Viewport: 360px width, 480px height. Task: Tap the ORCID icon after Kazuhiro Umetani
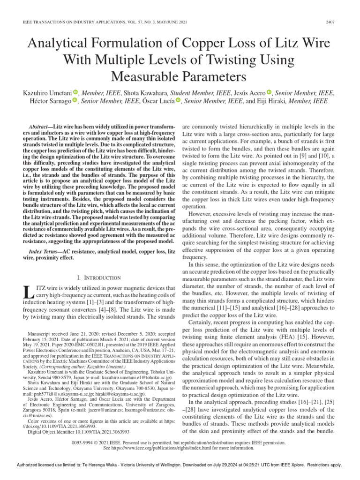tap(76, 92)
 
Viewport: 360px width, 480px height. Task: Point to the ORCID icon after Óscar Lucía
tap(178, 100)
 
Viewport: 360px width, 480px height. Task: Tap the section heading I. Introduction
tap(99, 277)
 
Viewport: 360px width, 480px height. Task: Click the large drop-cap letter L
tap(27, 293)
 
